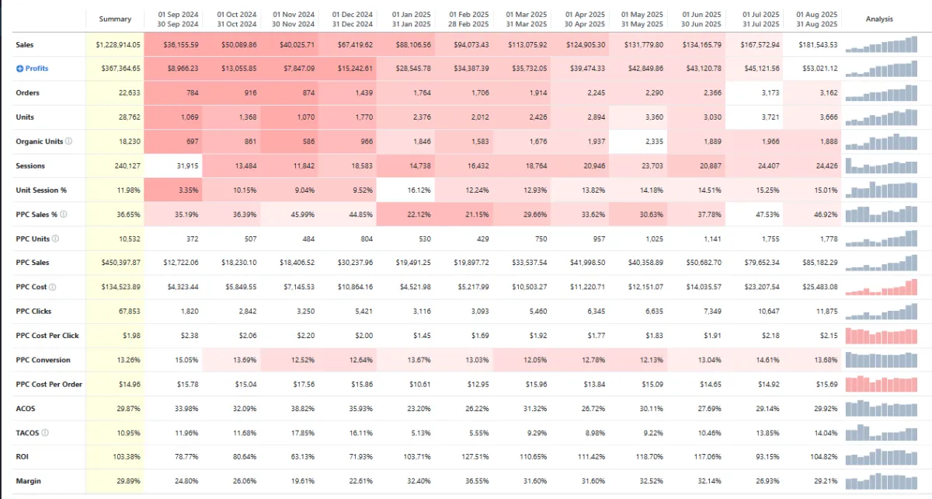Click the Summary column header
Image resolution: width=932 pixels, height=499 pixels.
click(x=115, y=19)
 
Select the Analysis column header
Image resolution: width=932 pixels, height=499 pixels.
click(x=879, y=19)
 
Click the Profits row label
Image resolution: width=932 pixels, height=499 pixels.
click(x=37, y=68)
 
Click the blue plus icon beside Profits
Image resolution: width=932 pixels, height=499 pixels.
click(x=19, y=68)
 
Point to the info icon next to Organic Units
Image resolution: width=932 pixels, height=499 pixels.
click(x=69, y=141)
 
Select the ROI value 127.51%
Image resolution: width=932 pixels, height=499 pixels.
click(x=473, y=457)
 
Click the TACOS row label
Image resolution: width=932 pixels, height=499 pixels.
click(x=26, y=433)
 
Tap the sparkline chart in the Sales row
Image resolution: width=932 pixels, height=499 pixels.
click(x=879, y=45)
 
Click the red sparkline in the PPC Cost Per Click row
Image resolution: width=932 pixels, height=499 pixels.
click(x=879, y=336)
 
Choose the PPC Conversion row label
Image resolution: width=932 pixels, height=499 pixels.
click(x=43, y=360)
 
